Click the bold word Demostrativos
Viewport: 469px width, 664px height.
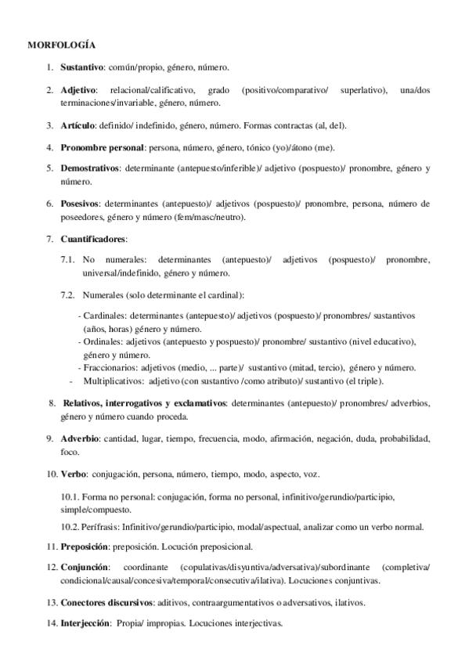[89, 168]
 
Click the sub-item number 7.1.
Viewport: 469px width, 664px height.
[67, 259]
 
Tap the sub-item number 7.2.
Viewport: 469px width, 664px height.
[67, 294]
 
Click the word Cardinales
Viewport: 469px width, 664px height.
[105, 315]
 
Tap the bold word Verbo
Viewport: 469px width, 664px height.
[74, 475]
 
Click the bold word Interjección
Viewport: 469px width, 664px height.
[85, 624]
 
